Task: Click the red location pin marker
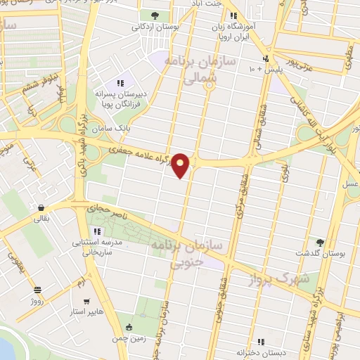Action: click(x=181, y=165)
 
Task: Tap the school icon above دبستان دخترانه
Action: click(x=261, y=342)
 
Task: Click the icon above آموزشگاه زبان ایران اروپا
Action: click(x=233, y=15)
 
